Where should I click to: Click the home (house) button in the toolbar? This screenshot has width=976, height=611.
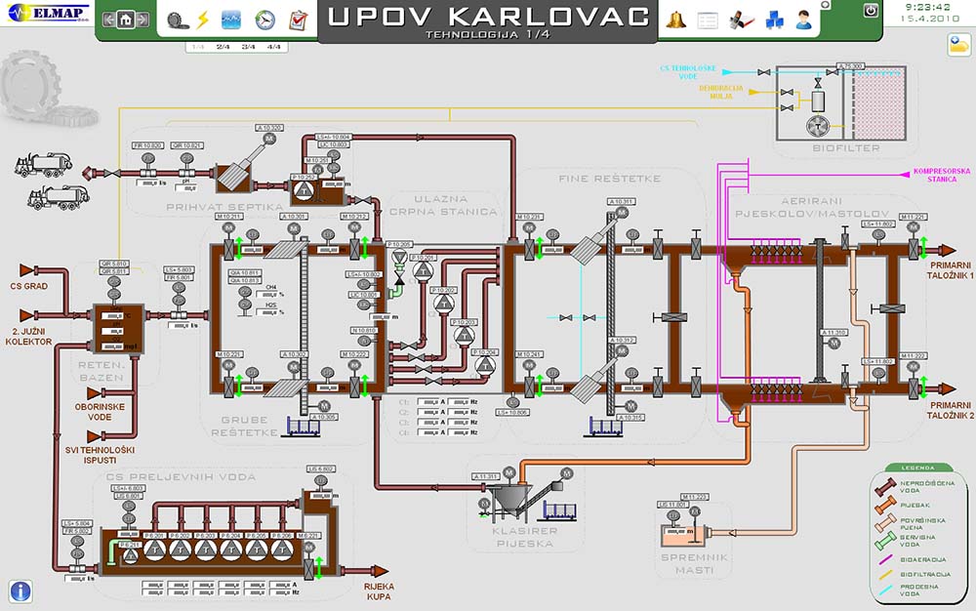click(125, 20)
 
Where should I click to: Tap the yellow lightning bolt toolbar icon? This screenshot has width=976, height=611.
click(203, 20)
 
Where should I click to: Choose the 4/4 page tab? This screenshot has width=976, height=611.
click(273, 47)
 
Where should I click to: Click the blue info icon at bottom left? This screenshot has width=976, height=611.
click(20, 590)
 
